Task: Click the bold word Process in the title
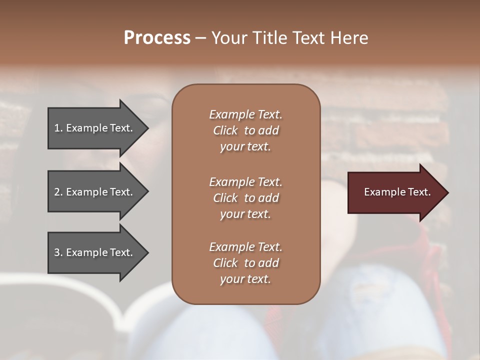point(157,38)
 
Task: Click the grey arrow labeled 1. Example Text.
point(95,128)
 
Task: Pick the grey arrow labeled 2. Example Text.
point(95,192)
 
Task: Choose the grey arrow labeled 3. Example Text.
point(95,252)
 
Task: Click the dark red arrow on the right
point(395,192)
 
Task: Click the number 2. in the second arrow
point(58,192)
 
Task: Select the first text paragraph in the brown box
point(245,130)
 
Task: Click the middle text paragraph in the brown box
point(245,197)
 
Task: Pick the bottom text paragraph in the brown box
point(245,263)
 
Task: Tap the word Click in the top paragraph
point(225,130)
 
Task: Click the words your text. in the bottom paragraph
point(245,279)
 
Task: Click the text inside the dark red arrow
point(397,192)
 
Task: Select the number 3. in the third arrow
point(58,252)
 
